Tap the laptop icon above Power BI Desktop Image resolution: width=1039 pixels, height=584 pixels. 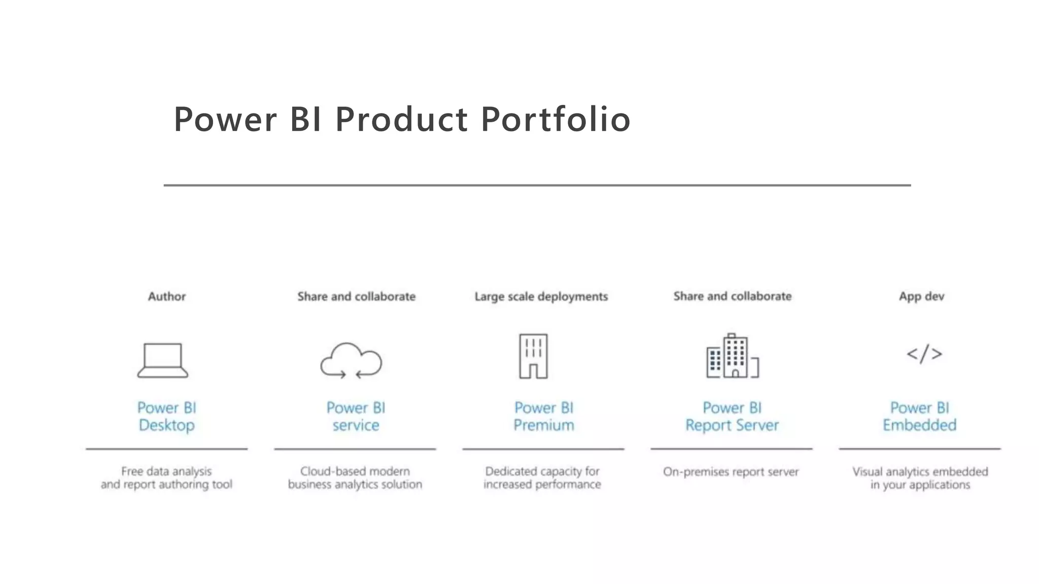click(163, 360)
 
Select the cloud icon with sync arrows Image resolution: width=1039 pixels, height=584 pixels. click(351, 360)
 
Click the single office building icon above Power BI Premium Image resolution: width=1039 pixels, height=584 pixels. click(533, 356)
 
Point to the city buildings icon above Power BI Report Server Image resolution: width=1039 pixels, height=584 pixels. click(732, 356)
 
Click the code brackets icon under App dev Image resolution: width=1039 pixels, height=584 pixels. click(924, 354)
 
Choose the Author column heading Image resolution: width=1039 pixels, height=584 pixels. click(167, 297)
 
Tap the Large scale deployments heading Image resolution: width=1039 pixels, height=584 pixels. click(541, 297)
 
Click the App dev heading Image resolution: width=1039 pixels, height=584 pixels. click(921, 297)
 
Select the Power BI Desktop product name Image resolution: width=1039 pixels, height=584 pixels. click(167, 416)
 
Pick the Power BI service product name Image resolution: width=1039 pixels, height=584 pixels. click(356, 416)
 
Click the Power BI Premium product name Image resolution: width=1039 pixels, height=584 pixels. click(544, 416)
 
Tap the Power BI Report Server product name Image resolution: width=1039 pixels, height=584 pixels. click(732, 416)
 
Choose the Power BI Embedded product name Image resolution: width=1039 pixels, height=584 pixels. click(920, 416)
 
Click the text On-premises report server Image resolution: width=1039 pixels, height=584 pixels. click(731, 472)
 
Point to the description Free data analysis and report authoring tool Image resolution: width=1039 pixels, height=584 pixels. click(166, 478)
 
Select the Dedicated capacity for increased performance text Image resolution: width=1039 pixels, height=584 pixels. click(542, 478)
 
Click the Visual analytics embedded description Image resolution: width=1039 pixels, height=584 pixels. click(920, 478)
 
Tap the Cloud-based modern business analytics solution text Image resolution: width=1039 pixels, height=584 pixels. click(355, 478)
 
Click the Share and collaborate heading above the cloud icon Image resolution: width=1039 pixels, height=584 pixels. click(356, 297)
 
